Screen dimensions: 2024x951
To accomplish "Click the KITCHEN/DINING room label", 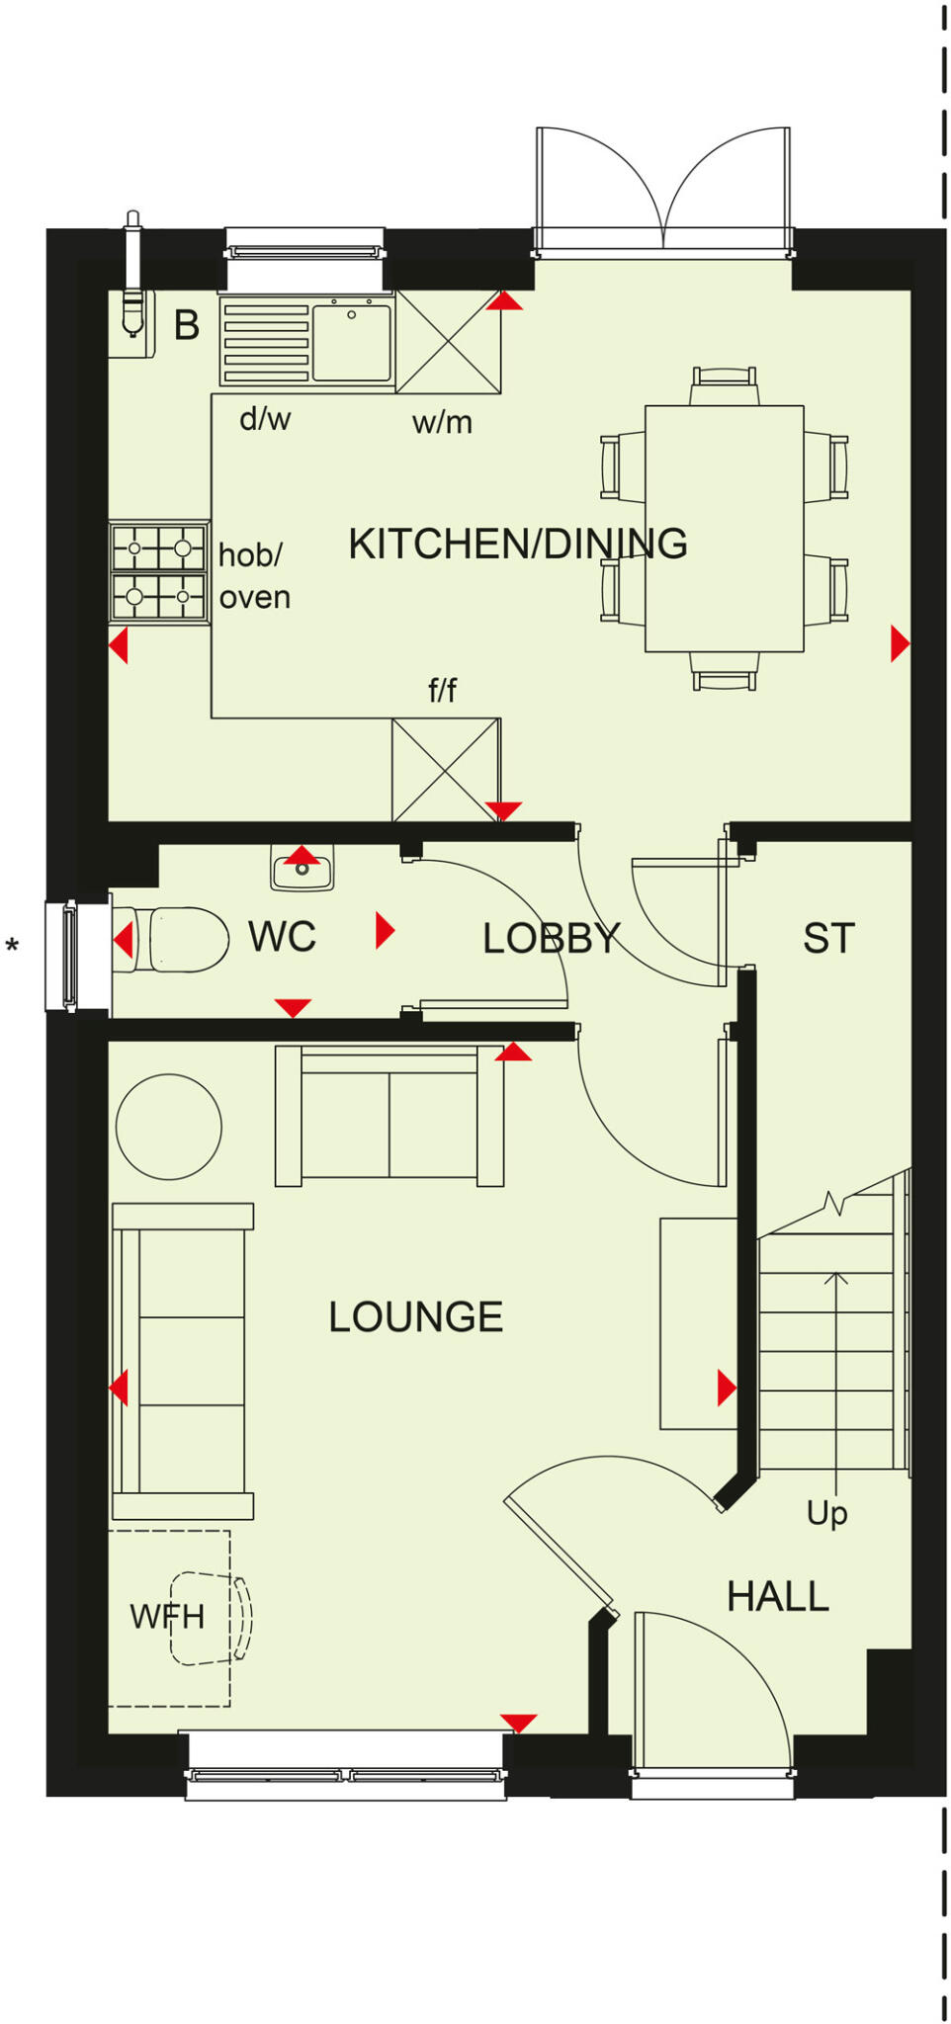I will [x=517, y=545].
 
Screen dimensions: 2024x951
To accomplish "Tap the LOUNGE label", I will [x=415, y=1317].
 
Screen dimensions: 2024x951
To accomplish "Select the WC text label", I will [x=282, y=937].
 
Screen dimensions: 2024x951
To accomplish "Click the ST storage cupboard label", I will [x=827, y=939].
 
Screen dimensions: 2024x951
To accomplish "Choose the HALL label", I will [x=777, y=1597].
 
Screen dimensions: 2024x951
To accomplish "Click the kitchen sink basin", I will [x=352, y=342].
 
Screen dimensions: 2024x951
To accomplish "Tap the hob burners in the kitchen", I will [x=158, y=572].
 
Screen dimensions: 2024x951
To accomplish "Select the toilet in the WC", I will [x=178, y=939].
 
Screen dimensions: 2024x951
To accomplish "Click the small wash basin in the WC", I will [x=303, y=871].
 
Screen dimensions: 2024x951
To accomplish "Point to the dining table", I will [x=724, y=529].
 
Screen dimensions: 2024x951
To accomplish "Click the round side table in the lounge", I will [x=168, y=1127].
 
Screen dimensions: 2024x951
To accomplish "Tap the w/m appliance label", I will [x=442, y=423].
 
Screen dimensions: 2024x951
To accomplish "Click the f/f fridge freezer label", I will [x=442, y=690].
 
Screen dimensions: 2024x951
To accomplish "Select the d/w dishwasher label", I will [x=265, y=419].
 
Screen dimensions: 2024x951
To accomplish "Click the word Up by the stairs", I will [x=826, y=1513].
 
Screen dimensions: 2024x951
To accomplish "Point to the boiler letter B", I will [x=186, y=325].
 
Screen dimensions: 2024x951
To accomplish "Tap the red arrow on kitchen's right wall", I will [x=899, y=643].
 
